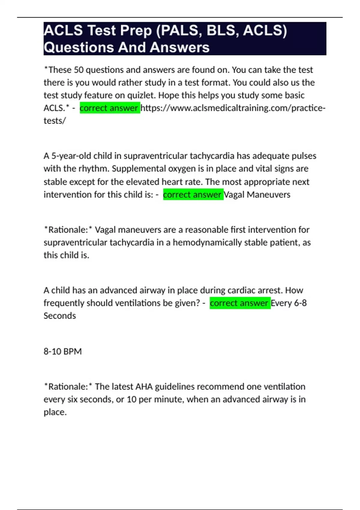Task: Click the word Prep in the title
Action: coord(134,31)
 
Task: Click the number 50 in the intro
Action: coord(79,70)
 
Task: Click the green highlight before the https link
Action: coord(109,108)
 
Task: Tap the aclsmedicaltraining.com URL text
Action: coord(232,108)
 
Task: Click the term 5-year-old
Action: coord(71,156)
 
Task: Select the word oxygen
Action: coord(182,169)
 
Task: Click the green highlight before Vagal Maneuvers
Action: coord(193,195)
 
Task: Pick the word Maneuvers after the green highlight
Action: coord(268,195)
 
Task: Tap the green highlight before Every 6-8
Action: coord(240,303)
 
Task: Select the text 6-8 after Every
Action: coord(300,303)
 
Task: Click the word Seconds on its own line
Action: coord(60,316)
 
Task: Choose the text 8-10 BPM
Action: coord(63,351)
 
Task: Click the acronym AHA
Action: coord(144,387)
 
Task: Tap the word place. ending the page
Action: coord(55,412)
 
